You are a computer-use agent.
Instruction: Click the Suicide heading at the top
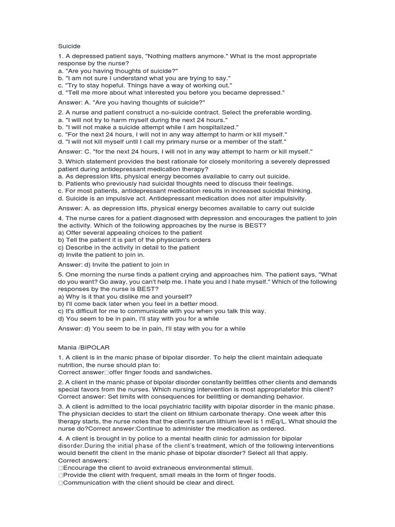click(x=69, y=45)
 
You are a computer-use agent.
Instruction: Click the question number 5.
click(x=60, y=275)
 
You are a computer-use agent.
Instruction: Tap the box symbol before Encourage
click(x=60, y=468)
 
